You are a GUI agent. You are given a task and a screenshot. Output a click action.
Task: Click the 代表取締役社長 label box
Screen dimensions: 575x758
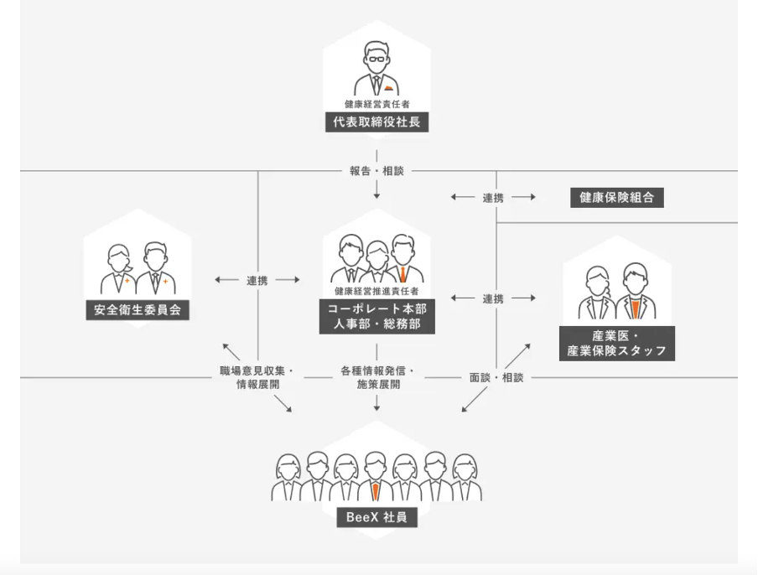point(376,122)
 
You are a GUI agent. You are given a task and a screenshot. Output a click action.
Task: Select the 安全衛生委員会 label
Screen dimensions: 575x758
point(138,310)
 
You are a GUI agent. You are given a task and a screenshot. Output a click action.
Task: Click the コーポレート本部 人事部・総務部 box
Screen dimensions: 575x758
point(376,316)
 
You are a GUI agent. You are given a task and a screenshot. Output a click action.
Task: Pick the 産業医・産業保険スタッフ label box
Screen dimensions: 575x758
point(617,343)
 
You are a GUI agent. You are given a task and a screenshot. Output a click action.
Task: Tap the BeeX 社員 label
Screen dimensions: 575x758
point(376,517)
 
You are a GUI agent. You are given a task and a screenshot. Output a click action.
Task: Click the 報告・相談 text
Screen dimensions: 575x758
point(376,171)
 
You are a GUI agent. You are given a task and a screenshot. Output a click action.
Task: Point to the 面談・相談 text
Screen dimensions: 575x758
point(496,377)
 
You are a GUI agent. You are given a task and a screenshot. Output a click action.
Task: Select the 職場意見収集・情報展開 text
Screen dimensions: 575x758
point(257,377)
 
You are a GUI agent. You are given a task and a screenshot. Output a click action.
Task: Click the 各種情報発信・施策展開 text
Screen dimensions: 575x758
point(376,377)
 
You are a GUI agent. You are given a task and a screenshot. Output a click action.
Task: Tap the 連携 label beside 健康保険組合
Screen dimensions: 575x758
point(493,198)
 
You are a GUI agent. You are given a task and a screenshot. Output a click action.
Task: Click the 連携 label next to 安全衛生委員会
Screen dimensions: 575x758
point(257,280)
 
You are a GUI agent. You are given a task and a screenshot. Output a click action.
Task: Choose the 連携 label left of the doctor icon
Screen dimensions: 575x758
point(493,298)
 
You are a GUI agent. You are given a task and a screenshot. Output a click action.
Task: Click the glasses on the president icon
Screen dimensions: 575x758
point(376,58)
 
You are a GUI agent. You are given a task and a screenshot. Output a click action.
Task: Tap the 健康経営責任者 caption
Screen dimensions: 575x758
point(376,105)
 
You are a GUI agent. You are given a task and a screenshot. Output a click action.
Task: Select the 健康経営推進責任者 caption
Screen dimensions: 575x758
point(376,292)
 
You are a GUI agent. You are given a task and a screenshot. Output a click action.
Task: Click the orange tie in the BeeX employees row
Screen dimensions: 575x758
point(376,491)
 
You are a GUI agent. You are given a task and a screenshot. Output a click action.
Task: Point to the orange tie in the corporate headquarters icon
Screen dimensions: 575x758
point(403,274)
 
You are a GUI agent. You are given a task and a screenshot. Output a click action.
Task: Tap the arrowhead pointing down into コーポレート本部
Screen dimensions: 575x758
point(376,195)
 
